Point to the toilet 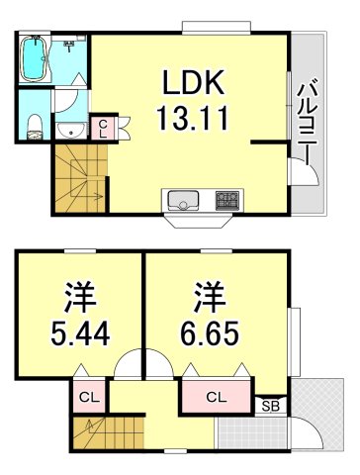point(34,123)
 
